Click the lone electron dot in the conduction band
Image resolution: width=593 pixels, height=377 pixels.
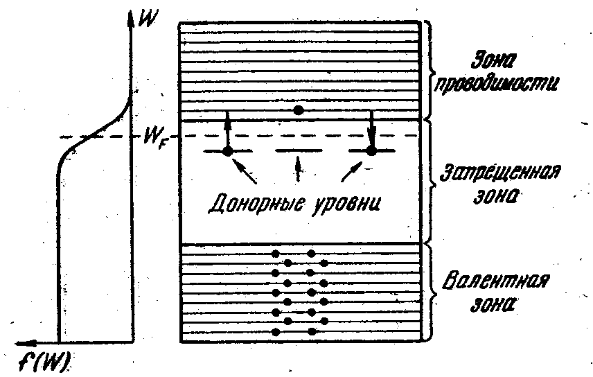pyautogui.click(x=299, y=110)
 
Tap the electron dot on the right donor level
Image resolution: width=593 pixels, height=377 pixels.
pyautogui.click(x=371, y=150)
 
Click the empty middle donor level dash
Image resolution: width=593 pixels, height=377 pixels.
pyautogui.click(x=299, y=150)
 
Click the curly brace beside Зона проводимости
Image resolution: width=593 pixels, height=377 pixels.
pyautogui.click(x=430, y=69)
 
